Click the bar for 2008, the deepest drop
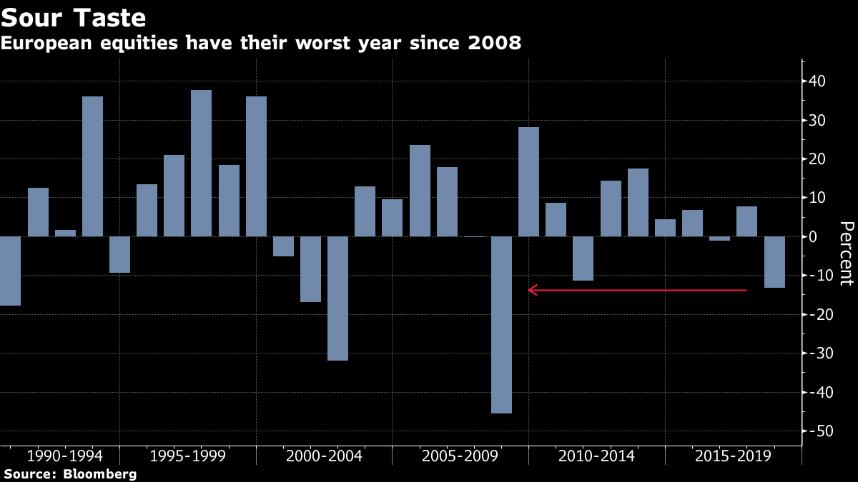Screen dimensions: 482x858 (501, 325)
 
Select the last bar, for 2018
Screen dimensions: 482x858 (774, 262)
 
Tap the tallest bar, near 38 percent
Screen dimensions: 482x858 (201, 163)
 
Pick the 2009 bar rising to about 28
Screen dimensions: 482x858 (528, 181)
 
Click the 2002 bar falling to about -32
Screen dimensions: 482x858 (337, 298)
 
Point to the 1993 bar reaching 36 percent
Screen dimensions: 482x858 (92, 166)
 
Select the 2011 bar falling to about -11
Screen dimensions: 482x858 (583, 258)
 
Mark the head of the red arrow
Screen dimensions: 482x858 (530, 290)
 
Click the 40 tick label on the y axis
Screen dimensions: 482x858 (817, 81)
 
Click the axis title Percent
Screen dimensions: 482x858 (846, 253)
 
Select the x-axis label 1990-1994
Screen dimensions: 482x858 (64, 456)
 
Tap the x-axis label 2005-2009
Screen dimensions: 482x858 (460, 456)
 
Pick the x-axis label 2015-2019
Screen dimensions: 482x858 (733, 456)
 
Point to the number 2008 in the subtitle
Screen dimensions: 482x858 (495, 44)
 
